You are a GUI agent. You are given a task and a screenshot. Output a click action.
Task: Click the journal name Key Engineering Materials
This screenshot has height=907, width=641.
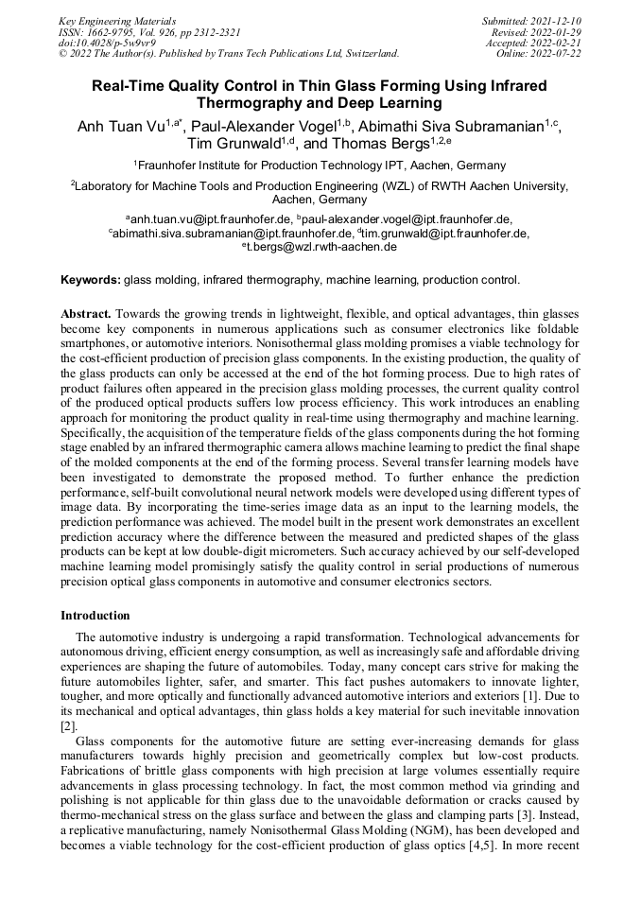(117, 20)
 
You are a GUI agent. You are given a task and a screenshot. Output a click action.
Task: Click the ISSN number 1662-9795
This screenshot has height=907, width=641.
(113, 31)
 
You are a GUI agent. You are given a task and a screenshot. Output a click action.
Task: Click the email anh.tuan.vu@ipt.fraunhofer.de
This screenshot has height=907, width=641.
(199, 218)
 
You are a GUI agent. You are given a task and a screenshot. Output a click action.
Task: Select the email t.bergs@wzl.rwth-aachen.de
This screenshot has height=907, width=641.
(322, 247)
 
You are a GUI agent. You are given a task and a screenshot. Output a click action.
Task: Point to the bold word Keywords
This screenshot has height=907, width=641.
(91, 280)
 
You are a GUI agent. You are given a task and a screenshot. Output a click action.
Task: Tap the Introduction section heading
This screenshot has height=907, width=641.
(95, 615)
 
